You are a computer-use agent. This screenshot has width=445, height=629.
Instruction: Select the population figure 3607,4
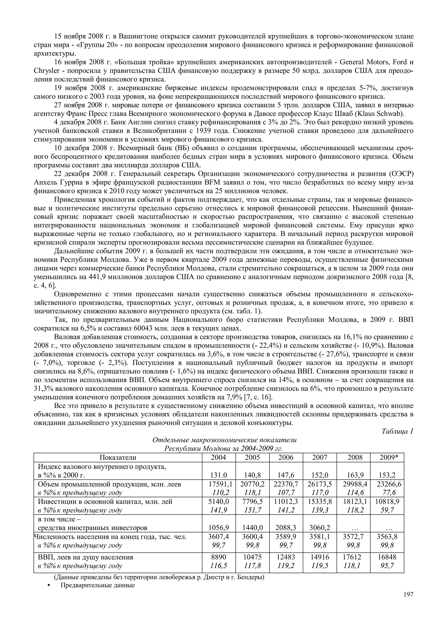[219, 536]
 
